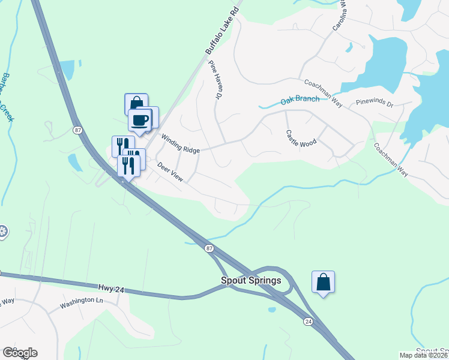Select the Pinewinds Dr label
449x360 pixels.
[x=374, y=104]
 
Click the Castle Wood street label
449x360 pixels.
[x=301, y=138]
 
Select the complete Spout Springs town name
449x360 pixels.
[x=251, y=280]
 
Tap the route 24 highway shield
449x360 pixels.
[x=308, y=322]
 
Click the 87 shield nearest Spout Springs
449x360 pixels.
[x=208, y=248]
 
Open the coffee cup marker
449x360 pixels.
[x=140, y=119]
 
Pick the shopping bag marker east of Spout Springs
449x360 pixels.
[x=323, y=281]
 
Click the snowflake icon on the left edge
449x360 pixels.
[x=2, y=231]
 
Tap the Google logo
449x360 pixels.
[x=20, y=353]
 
